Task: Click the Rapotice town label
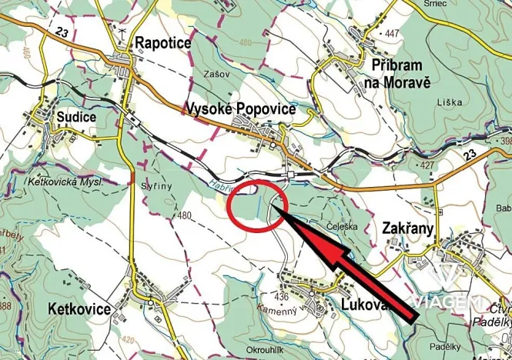click(162, 43)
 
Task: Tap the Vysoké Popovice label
click(242, 109)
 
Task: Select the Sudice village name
click(76, 117)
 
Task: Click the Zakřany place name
click(408, 228)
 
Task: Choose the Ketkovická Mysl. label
click(65, 182)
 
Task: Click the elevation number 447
click(393, 33)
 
